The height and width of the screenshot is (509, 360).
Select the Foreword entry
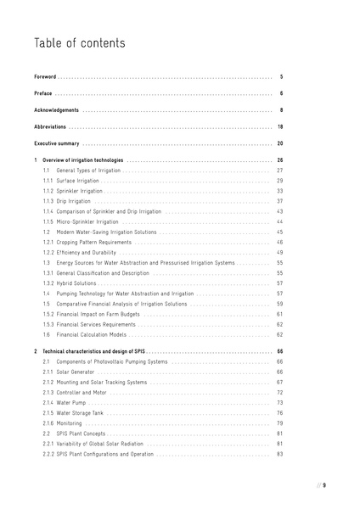[x=45, y=76]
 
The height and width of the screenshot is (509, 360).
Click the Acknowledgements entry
[x=57, y=110]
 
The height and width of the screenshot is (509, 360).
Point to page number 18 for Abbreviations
[x=280, y=127]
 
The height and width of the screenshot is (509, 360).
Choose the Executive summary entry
[x=57, y=144]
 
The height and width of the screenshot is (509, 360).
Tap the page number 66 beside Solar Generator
[x=280, y=372]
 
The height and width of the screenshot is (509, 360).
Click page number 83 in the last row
[x=280, y=454]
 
